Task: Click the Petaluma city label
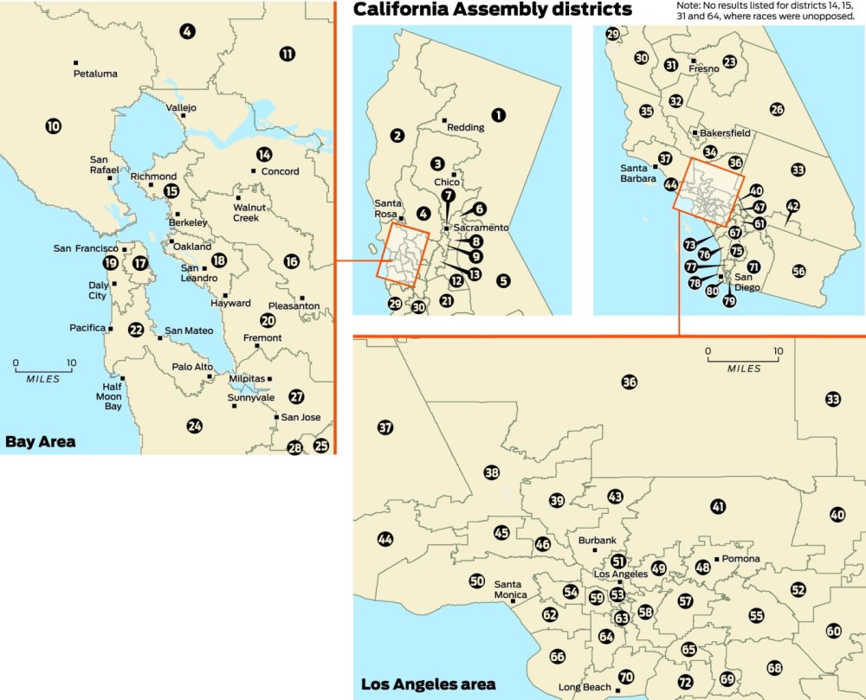point(95,74)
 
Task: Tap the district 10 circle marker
point(54,126)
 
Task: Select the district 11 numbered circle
point(288,54)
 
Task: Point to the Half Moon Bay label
point(111,396)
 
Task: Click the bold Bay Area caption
point(40,442)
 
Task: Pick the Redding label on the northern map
point(466,128)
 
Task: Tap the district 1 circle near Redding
point(498,114)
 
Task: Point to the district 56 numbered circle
point(798,271)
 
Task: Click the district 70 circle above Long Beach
point(625,676)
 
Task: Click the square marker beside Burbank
point(595,550)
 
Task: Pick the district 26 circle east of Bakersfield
point(777,109)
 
